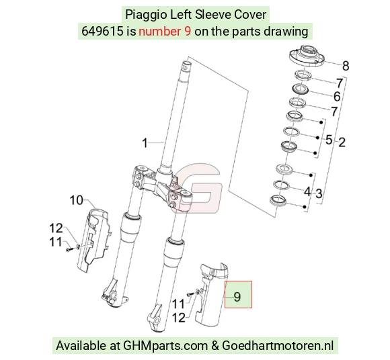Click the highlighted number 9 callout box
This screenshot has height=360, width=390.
pyautogui.click(x=238, y=294)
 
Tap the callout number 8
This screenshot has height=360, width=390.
pyautogui.click(x=346, y=66)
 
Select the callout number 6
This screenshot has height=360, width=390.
pyautogui.click(x=337, y=97)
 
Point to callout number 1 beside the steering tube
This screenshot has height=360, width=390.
pyautogui.click(x=145, y=143)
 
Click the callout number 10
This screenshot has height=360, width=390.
pyautogui.click(x=76, y=200)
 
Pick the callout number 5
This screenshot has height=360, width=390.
pyautogui.click(x=329, y=140)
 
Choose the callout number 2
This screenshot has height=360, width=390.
pyautogui.click(x=342, y=142)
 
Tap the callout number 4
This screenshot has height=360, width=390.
pyautogui.click(x=307, y=192)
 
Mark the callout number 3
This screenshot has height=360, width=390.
pyautogui.click(x=319, y=193)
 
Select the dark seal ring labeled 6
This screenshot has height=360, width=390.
pyautogui.click(x=300, y=89)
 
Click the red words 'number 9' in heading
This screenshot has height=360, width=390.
pyautogui.click(x=165, y=32)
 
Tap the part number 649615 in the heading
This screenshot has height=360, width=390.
pyautogui.click(x=102, y=32)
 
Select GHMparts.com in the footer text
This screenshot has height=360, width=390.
pyautogui.click(x=165, y=346)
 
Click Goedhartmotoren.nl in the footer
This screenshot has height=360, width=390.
pyautogui.click(x=278, y=346)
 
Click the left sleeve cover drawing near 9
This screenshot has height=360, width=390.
pyautogui.click(x=211, y=294)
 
